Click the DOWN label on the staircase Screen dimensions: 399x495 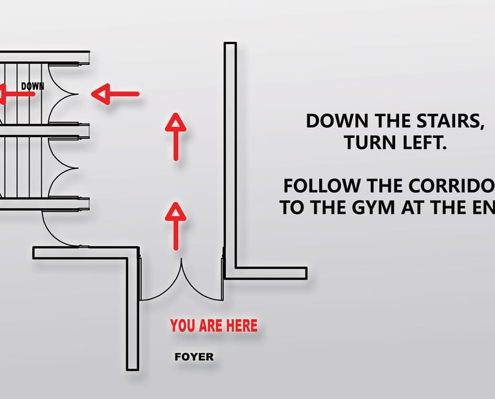click(x=33, y=86)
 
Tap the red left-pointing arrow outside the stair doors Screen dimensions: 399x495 click(x=115, y=95)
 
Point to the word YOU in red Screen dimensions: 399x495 click(x=182, y=326)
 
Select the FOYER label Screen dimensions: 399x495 click(x=194, y=356)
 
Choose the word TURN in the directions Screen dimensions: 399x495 click(x=367, y=143)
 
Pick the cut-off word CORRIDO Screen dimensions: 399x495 click(x=451, y=186)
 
